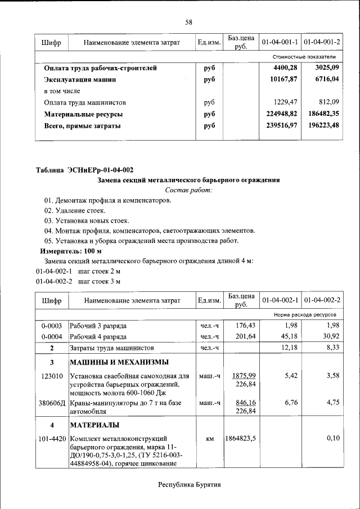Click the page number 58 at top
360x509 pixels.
tap(189, 22)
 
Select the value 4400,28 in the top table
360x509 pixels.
tap(285, 68)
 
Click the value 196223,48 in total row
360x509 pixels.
tap(323, 125)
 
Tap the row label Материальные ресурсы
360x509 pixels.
tap(83, 114)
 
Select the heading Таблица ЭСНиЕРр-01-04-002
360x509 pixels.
tap(84, 170)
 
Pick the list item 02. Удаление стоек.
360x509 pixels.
tap(75, 210)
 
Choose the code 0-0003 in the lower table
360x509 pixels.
tap(51, 326)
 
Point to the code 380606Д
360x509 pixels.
tap(52, 403)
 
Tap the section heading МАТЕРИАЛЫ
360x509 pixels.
tap(94, 425)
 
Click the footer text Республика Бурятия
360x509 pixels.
tap(189, 484)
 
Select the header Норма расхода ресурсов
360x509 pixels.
tap(305, 315)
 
